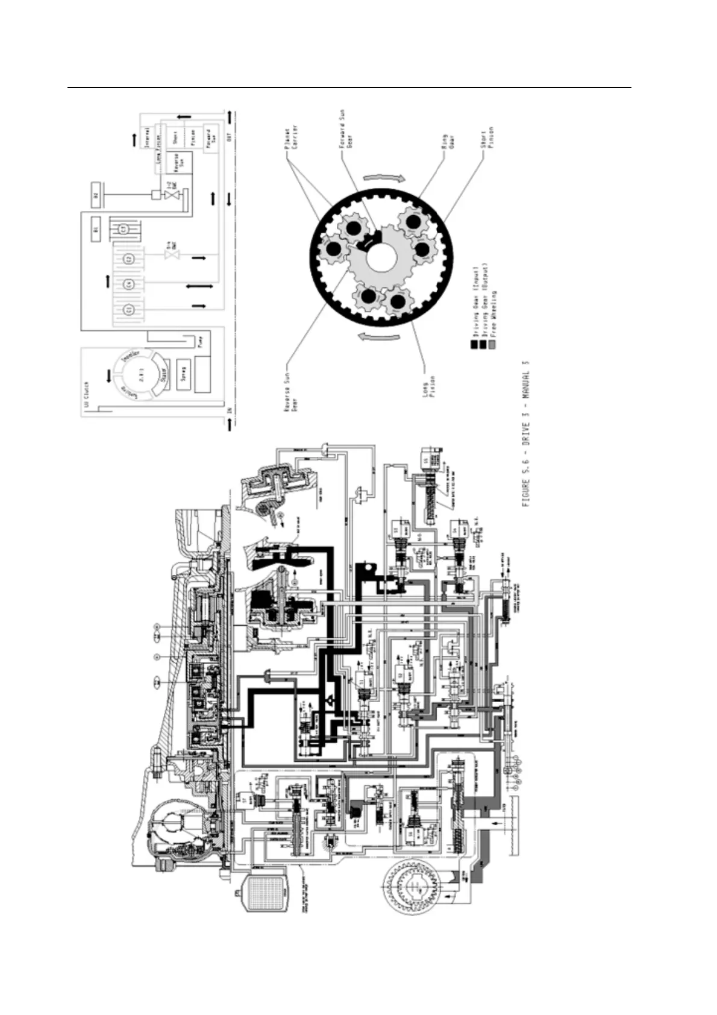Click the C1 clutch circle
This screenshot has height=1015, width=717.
tap(122, 229)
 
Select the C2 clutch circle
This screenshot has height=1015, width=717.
tap(128, 259)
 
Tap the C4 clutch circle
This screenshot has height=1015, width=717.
tap(128, 284)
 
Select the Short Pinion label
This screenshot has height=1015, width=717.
tap(489, 137)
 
